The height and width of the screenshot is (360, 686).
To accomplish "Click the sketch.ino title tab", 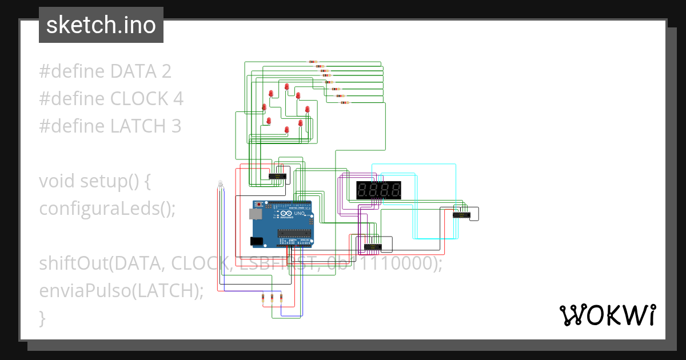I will pyautogui.click(x=101, y=25).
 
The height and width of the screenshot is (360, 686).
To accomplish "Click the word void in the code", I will pyautogui.click(x=57, y=181).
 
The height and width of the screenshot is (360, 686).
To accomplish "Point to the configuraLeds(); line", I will pyautogui.click(x=107, y=209).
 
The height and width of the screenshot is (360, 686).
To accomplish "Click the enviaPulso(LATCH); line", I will pyautogui.click(x=121, y=291).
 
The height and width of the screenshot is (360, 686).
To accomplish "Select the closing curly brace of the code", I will pyautogui.click(x=42, y=318).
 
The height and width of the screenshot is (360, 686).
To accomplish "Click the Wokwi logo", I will pyautogui.click(x=607, y=315).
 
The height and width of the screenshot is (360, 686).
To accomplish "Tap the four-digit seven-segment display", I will pyautogui.click(x=378, y=190).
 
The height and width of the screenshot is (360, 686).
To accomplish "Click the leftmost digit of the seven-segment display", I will pyautogui.click(x=362, y=190).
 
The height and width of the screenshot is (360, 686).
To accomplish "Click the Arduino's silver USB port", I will pyautogui.click(x=254, y=214).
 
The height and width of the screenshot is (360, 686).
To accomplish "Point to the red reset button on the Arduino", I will pyautogui.click(x=261, y=204).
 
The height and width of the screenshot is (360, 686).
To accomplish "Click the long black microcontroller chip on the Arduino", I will pyautogui.click(x=294, y=233).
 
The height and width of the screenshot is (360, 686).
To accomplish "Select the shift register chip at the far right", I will pyautogui.click(x=461, y=215).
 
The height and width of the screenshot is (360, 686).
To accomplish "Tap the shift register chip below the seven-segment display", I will pyautogui.click(x=373, y=247).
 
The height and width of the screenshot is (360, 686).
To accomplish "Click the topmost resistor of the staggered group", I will pyautogui.click(x=312, y=62).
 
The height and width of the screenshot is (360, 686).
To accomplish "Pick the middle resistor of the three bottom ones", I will pyautogui.click(x=272, y=297).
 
